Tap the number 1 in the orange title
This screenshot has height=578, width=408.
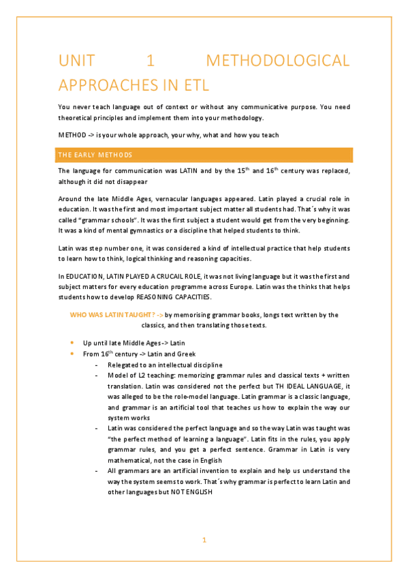(x=151, y=61)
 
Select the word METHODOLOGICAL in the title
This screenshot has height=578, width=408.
(x=278, y=61)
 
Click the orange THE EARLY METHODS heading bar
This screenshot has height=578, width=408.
(x=204, y=155)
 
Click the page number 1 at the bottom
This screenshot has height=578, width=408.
(x=204, y=541)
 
